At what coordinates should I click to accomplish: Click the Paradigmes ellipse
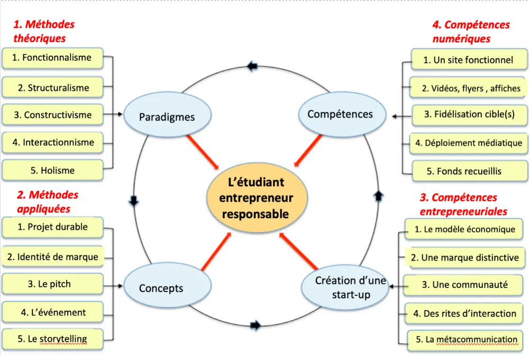tap(167, 116)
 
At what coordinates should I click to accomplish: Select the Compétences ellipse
tap(340, 114)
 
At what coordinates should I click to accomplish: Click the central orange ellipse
tap(255, 198)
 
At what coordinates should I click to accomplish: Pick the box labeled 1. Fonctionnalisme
tap(52, 58)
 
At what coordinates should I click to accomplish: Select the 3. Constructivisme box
tap(53, 115)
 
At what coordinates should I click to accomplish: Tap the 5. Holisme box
tap(52, 170)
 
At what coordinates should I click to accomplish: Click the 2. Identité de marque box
tap(52, 257)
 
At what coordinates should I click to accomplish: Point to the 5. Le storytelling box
tap(52, 339)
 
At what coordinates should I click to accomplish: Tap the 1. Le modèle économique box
tap(464, 230)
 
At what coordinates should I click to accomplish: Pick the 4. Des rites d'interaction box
tap(464, 313)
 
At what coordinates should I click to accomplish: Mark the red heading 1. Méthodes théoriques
tap(43, 31)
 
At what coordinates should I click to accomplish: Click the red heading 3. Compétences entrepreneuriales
tap(463, 204)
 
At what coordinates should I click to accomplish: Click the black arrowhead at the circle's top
tap(252, 66)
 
